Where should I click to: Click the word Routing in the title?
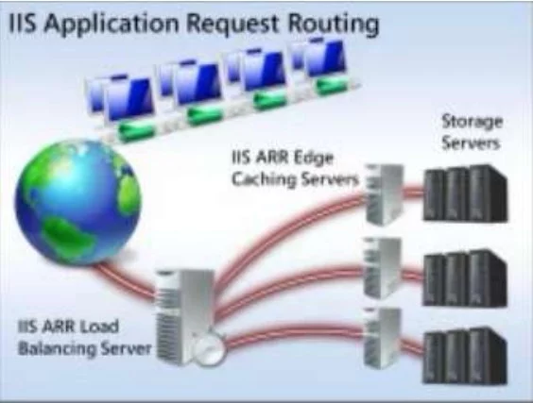click(x=333, y=24)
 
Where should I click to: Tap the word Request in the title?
click(x=232, y=24)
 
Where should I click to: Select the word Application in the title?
click(x=112, y=24)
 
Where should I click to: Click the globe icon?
click(x=77, y=203)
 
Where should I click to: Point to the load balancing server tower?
click(x=185, y=316)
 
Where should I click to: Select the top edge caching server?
click(x=384, y=194)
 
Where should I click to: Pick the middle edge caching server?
click(x=383, y=268)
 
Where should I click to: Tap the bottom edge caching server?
click(x=383, y=338)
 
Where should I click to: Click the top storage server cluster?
click(x=465, y=193)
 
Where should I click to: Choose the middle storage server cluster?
click(x=465, y=277)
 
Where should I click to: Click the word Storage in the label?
click(x=472, y=123)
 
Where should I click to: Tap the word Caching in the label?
click(x=264, y=179)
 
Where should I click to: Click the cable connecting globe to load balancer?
click(x=124, y=280)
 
